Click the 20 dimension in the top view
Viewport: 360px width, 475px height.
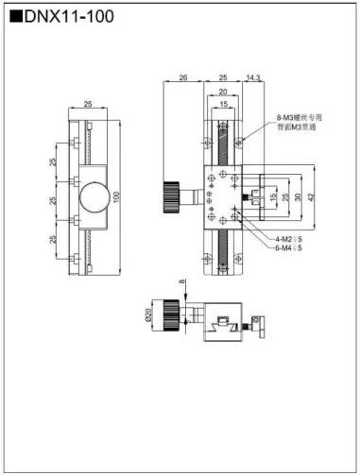tap(223, 91)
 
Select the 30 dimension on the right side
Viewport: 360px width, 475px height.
tap(298, 196)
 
